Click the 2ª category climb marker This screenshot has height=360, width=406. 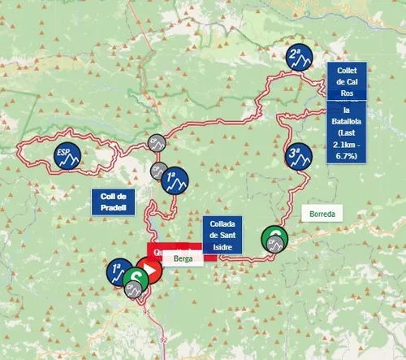[298, 55]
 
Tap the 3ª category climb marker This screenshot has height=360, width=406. [298, 154]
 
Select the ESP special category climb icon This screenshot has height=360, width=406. [66, 154]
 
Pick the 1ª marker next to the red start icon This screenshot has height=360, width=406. [119, 270]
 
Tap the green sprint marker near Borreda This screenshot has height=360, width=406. [274, 238]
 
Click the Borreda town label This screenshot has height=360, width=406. [322, 215]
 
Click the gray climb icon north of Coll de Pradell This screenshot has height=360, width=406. [155, 142]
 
